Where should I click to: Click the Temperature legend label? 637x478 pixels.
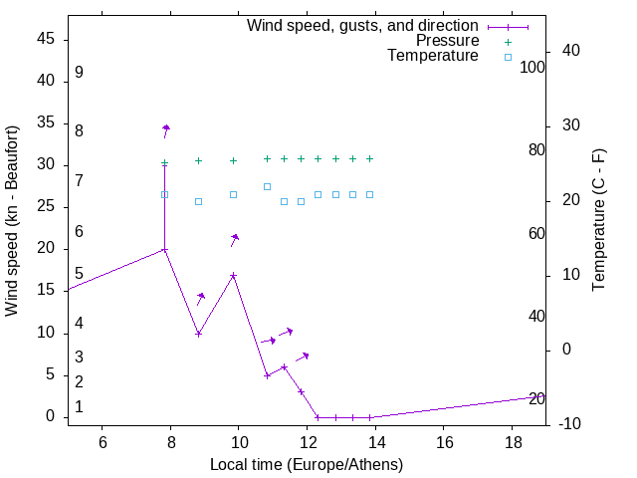pos(433,57)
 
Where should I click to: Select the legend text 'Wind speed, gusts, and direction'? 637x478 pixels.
pos(363,25)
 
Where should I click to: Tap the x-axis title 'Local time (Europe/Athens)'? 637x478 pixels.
pos(307,464)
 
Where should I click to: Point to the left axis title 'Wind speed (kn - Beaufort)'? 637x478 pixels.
pos(12,221)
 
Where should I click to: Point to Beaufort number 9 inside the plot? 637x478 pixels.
pos(79,73)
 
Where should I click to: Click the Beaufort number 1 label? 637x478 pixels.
pos(79,407)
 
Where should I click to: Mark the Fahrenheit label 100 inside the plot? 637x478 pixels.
pos(533,68)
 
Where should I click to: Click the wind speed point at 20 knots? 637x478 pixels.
pos(165,250)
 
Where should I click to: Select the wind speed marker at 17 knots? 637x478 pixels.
pos(233,275)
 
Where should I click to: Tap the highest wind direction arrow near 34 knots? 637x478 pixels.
pos(166,128)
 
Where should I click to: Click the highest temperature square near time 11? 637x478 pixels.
pos(267,186)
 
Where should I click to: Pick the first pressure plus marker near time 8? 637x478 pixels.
pos(165,163)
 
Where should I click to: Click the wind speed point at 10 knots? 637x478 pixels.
pos(199,334)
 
